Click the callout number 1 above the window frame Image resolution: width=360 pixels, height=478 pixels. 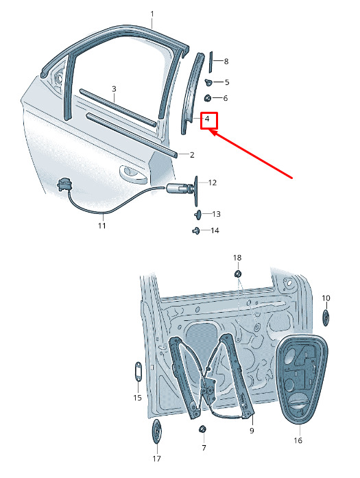(152, 14)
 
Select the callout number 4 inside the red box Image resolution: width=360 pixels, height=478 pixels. (207, 119)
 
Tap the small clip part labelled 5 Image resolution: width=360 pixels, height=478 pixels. (209, 82)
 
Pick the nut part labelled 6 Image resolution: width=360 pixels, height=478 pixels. (207, 98)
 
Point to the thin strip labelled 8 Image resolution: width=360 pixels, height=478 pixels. (211, 62)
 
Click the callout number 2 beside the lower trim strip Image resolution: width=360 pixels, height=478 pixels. (192, 155)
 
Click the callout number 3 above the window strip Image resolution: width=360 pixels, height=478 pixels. (114, 89)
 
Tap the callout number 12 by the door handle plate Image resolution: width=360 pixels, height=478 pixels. (212, 182)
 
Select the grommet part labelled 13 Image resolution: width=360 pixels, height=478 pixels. (198, 214)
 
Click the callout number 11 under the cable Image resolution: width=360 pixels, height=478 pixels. (101, 226)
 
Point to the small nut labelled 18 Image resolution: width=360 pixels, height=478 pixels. (238, 274)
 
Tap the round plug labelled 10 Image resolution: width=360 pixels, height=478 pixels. (326, 318)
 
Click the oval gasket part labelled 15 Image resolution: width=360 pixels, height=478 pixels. (138, 371)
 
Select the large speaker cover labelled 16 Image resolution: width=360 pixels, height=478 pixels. (301, 379)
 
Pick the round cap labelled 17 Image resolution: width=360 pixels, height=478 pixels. (156, 431)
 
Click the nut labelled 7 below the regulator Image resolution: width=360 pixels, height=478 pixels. (202, 429)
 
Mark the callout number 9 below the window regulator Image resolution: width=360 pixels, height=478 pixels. (252, 431)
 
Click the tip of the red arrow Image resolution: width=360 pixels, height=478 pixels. (210, 130)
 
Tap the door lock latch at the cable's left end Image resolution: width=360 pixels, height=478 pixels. (64, 184)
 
